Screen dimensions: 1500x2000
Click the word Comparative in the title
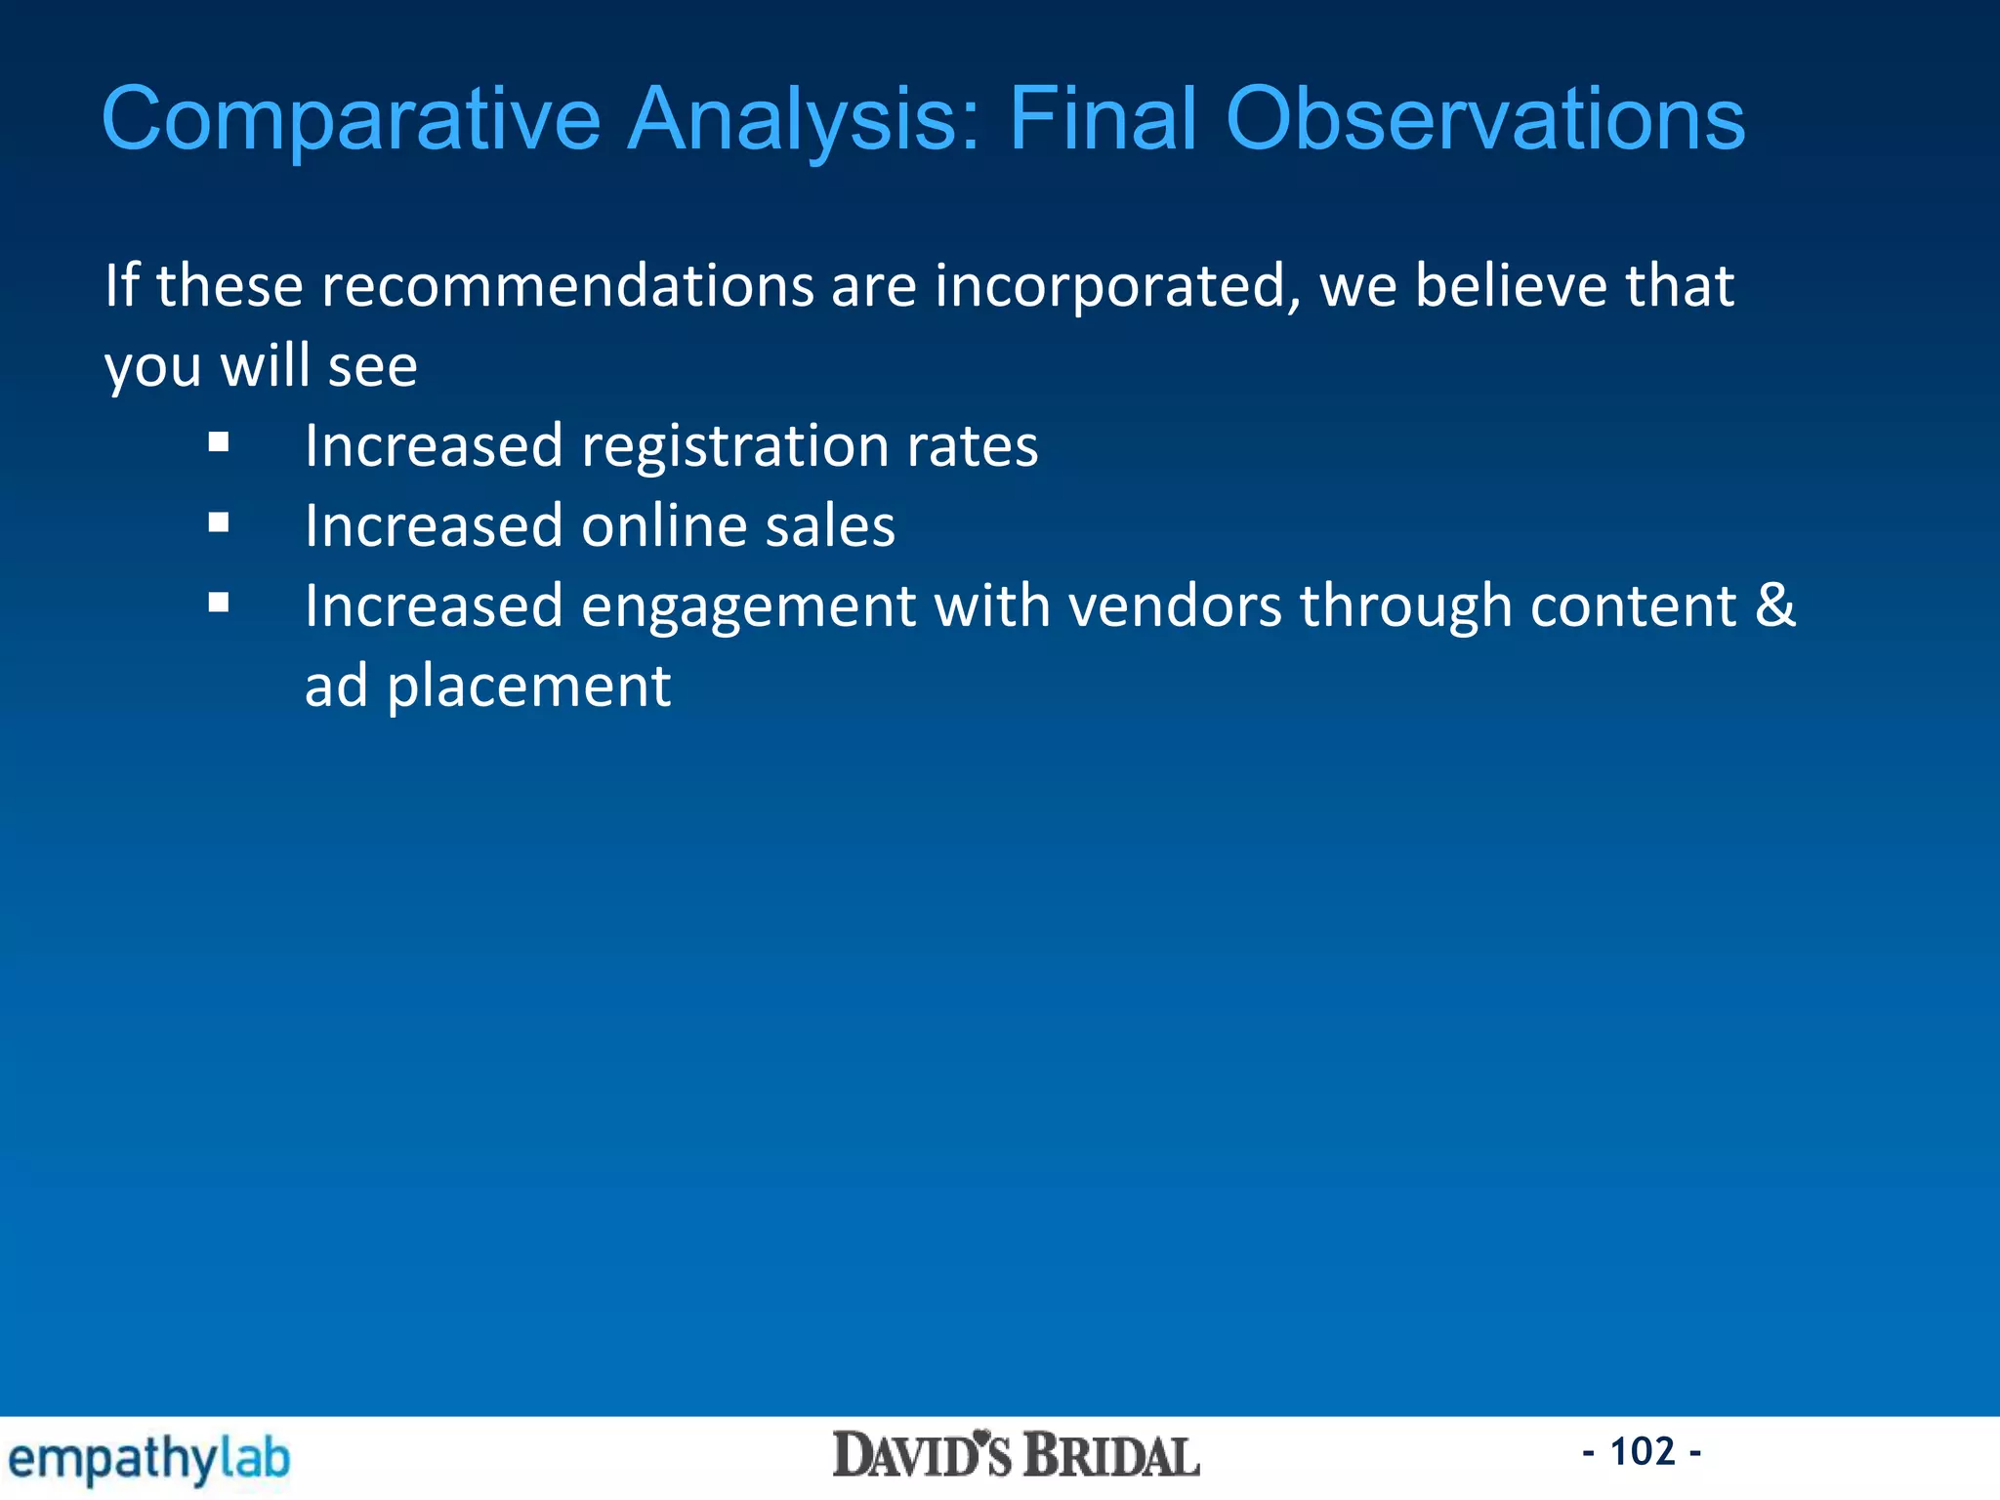point(352,119)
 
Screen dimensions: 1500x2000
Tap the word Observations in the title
point(1484,119)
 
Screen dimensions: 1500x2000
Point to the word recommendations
point(567,287)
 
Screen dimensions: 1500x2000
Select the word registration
point(734,447)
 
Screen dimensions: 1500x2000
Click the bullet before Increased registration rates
point(219,443)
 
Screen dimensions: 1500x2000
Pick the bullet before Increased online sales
point(219,523)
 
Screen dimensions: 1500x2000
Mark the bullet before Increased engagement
point(219,604)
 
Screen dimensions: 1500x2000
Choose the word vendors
point(1175,606)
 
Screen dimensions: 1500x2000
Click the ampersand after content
point(1774,605)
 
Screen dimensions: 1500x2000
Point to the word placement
point(528,687)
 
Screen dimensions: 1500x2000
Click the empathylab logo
point(148,1459)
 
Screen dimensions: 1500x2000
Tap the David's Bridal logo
point(1016,1455)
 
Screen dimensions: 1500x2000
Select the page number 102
point(1642,1451)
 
